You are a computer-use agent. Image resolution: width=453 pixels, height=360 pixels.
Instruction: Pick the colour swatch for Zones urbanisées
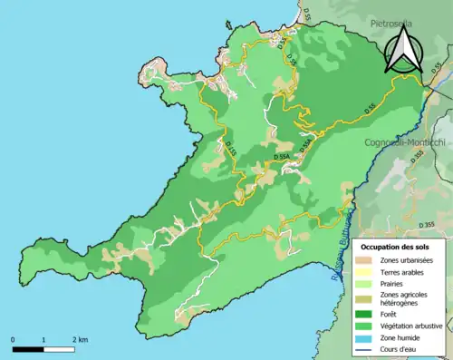click(x=367, y=259)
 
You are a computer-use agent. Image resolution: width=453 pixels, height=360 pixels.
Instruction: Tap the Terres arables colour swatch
click(x=367, y=271)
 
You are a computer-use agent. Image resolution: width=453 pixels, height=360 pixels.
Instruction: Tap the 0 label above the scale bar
click(x=14, y=340)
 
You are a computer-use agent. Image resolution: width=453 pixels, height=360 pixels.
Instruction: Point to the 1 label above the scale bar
click(x=43, y=340)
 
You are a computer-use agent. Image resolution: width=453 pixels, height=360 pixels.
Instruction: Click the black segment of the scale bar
click(x=28, y=348)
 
